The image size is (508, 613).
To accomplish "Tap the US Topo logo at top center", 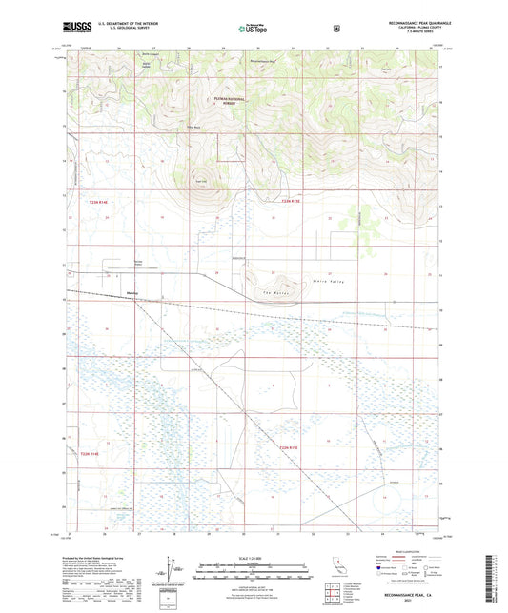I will coord(252,30).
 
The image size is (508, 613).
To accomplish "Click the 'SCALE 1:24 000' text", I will coord(253,557).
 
